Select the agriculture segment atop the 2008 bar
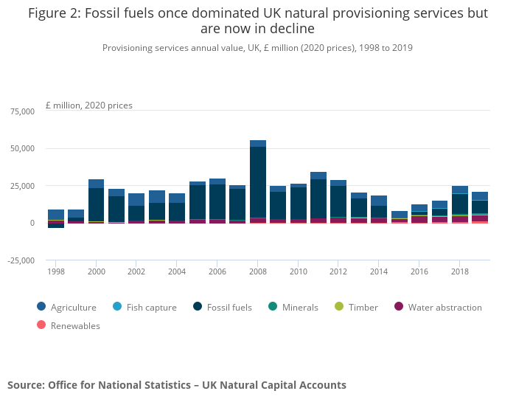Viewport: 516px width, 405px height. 258,143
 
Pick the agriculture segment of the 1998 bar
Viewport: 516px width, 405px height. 56,215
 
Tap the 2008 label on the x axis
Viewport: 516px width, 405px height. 258,271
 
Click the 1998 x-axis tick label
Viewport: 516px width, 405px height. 56,271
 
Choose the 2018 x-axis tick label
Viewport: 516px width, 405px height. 460,271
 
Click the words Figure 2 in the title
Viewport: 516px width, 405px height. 56,13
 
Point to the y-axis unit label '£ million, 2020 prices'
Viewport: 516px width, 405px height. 89,105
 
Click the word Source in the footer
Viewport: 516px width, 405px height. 25,385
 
